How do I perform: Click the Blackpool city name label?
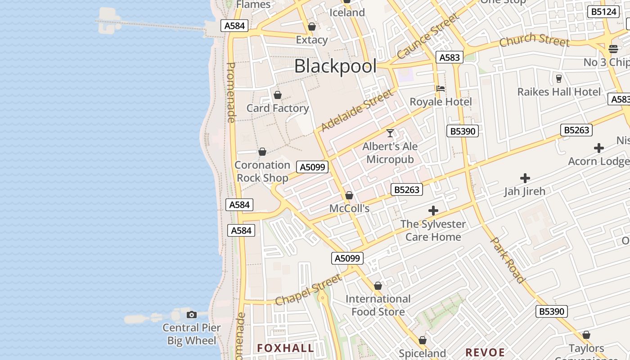tap(335, 67)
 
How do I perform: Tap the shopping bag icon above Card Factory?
tap(278, 95)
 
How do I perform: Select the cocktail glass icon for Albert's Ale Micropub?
tap(390, 133)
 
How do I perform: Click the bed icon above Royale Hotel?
tap(441, 89)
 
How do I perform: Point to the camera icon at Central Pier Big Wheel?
tap(192, 315)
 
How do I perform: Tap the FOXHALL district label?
tap(286, 348)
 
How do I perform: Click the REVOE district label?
tap(485, 352)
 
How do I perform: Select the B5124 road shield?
tap(603, 12)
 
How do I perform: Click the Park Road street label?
tap(508, 260)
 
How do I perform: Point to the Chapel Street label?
tap(308, 290)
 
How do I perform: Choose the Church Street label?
tap(535, 40)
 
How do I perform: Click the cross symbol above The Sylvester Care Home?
tap(433, 211)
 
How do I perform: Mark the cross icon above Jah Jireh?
tap(525, 178)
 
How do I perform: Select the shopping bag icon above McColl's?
tap(349, 196)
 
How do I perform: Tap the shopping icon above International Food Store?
tap(378, 286)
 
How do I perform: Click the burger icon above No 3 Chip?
tap(613, 49)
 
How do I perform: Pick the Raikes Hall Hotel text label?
tap(559, 92)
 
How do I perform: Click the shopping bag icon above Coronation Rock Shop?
tap(262, 152)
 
